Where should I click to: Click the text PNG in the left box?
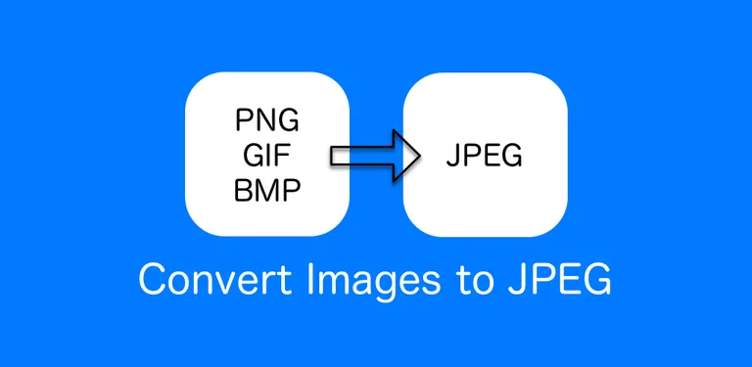(267, 122)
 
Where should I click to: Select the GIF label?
(267, 156)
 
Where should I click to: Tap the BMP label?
(267, 190)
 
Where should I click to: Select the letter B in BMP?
(243, 190)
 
